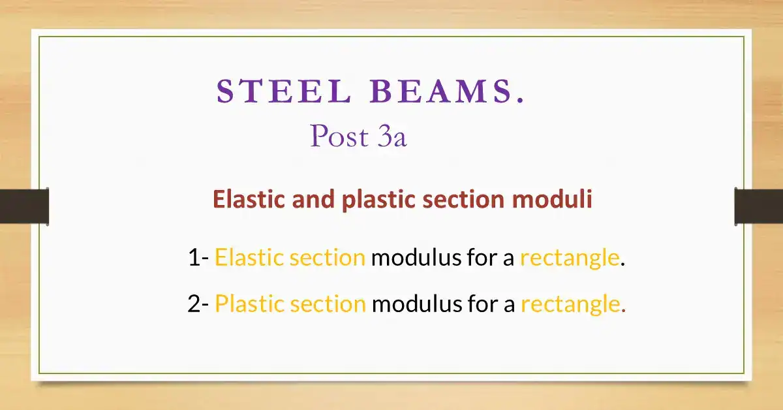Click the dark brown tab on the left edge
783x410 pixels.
(24, 206)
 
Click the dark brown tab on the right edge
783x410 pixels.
(758, 206)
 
